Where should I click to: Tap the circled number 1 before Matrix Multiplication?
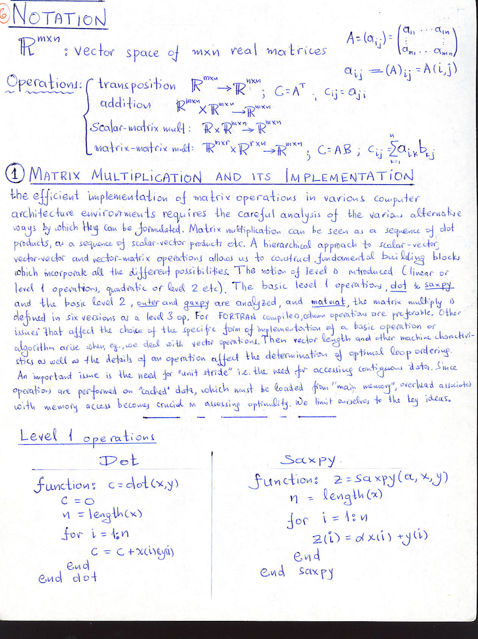pyautogui.click(x=15, y=174)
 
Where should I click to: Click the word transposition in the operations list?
pyautogui.click(x=137, y=85)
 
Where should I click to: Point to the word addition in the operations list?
pyautogui.click(x=125, y=103)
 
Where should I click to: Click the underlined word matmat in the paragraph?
pyautogui.click(x=328, y=302)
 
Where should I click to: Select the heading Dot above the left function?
pyautogui.click(x=119, y=460)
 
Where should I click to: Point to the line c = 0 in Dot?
pyautogui.click(x=77, y=501)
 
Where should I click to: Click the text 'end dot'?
pyautogui.click(x=67, y=578)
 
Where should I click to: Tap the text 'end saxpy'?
pyautogui.click(x=297, y=572)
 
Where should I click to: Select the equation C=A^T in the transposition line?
pyautogui.click(x=290, y=91)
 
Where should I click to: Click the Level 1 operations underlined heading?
pyautogui.click(x=87, y=437)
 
